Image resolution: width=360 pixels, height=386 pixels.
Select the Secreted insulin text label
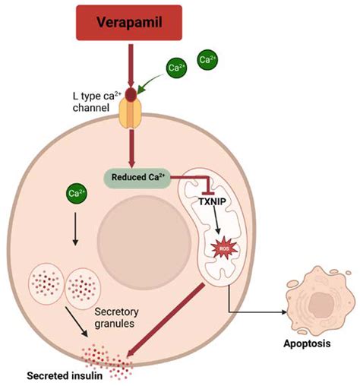(63, 375)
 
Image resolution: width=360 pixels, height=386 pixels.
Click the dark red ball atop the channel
(131, 95)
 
